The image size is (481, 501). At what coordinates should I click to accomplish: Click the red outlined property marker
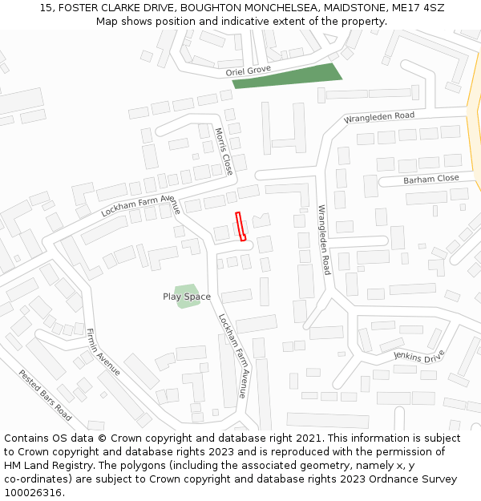click(240, 226)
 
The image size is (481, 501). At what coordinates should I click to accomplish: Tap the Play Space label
click(187, 297)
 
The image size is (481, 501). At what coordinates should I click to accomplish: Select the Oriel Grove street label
click(249, 71)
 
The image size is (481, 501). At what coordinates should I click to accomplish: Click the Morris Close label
click(224, 152)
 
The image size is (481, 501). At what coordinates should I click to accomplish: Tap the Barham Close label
click(431, 179)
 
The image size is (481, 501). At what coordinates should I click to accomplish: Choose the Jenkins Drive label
click(418, 356)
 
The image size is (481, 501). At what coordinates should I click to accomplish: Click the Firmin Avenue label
click(103, 352)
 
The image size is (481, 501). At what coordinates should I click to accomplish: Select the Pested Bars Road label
click(46, 395)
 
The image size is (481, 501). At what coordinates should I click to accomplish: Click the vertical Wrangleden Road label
click(324, 240)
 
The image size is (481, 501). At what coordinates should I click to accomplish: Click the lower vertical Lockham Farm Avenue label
click(233, 356)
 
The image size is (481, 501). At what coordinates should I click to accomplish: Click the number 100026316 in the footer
click(33, 492)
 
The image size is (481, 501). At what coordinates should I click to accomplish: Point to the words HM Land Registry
click(42, 465)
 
